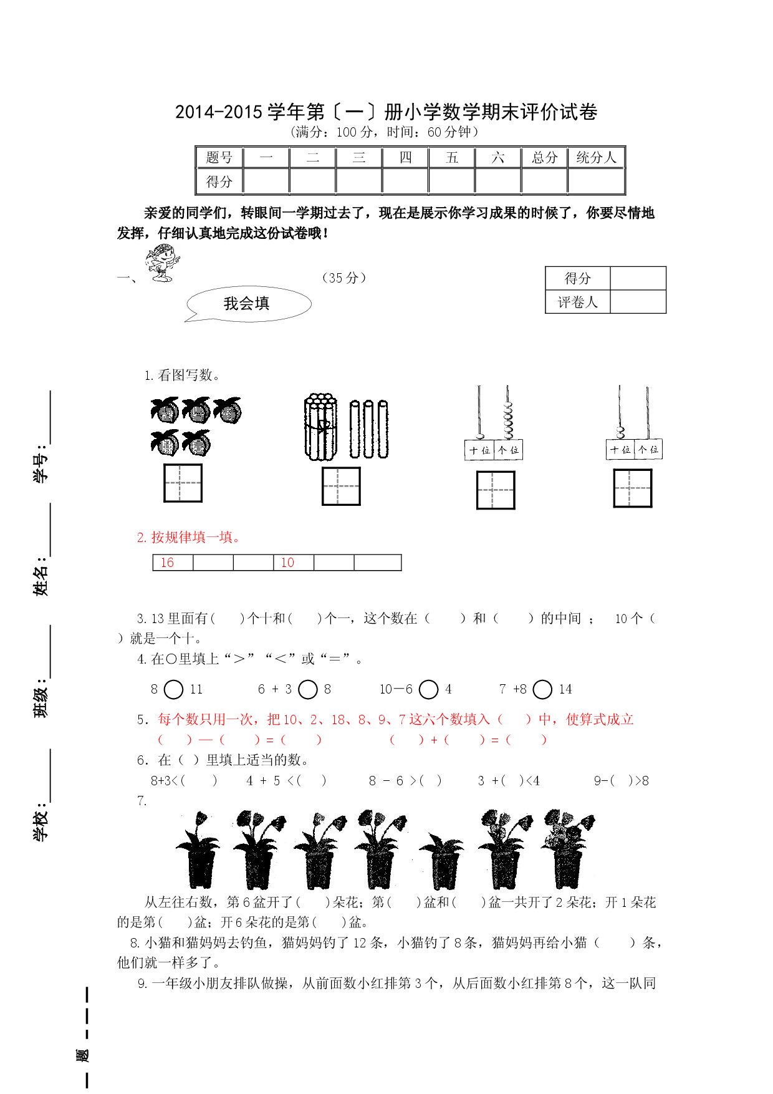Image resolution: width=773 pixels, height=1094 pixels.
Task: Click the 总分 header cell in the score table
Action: (544, 157)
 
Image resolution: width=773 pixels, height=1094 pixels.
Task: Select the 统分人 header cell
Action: (596, 157)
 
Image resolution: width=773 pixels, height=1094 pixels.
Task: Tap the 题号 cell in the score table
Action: (219, 157)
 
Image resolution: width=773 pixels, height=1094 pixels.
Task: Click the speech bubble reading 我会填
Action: (248, 304)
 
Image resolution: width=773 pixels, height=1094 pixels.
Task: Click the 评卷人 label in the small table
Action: (577, 303)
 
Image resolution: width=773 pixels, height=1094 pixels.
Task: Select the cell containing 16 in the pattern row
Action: (173, 563)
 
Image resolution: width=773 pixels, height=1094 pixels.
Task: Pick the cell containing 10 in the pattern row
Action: (294, 563)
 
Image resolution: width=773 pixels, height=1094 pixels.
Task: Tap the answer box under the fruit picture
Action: (183, 483)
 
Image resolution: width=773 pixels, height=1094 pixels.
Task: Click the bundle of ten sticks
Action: (320, 427)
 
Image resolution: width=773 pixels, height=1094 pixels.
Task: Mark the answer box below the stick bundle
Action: (341, 486)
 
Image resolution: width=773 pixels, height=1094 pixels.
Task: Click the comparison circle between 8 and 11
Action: (173, 689)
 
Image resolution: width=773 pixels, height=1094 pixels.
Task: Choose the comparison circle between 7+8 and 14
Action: (542, 689)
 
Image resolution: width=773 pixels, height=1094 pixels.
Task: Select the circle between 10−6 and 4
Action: (428, 689)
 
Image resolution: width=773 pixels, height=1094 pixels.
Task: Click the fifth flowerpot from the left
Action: (442, 861)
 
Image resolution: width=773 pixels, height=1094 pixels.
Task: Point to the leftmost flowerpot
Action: (198, 850)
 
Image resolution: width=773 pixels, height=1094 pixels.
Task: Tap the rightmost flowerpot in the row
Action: (567, 850)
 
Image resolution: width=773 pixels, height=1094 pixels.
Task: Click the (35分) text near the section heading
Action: (344, 278)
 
